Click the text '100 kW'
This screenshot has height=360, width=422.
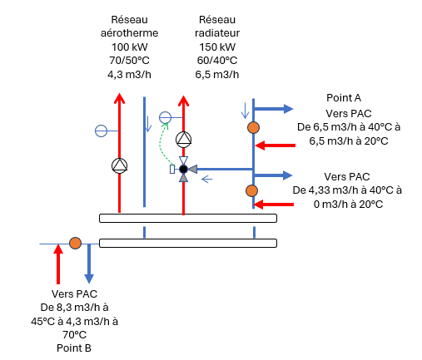pyautogui.click(x=129, y=47)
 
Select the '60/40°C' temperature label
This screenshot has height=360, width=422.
pyautogui.click(x=217, y=61)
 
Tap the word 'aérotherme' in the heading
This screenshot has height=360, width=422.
pyautogui.click(x=129, y=33)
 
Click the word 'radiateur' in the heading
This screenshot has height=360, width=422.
pyautogui.click(x=217, y=33)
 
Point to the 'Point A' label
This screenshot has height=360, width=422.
pyautogui.click(x=344, y=98)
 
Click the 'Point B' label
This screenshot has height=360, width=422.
pyautogui.click(x=74, y=348)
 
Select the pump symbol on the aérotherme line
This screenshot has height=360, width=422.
pyautogui.click(x=120, y=165)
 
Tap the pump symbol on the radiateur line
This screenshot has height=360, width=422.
pyautogui.click(x=183, y=140)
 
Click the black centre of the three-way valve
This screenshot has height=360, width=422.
pyautogui.click(x=183, y=169)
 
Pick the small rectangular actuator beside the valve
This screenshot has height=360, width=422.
pyautogui.click(x=172, y=169)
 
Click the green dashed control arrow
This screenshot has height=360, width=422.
pyautogui.click(x=161, y=144)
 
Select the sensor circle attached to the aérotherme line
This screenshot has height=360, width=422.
pyautogui.click(x=101, y=131)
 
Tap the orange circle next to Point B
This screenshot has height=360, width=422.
pyautogui.click(x=75, y=244)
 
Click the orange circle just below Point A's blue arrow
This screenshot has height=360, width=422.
pyautogui.click(x=253, y=128)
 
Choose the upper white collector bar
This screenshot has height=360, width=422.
pyautogui.click(x=188, y=219)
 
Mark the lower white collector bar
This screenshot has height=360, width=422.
pyautogui.click(x=188, y=243)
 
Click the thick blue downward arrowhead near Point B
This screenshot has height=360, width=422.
pyautogui.click(x=89, y=279)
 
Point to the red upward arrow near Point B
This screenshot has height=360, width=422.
pyautogui.click(x=58, y=264)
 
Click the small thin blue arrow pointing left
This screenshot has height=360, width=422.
pyautogui.click(x=206, y=180)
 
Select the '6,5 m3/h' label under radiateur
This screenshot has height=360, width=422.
pyautogui.click(x=217, y=75)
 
